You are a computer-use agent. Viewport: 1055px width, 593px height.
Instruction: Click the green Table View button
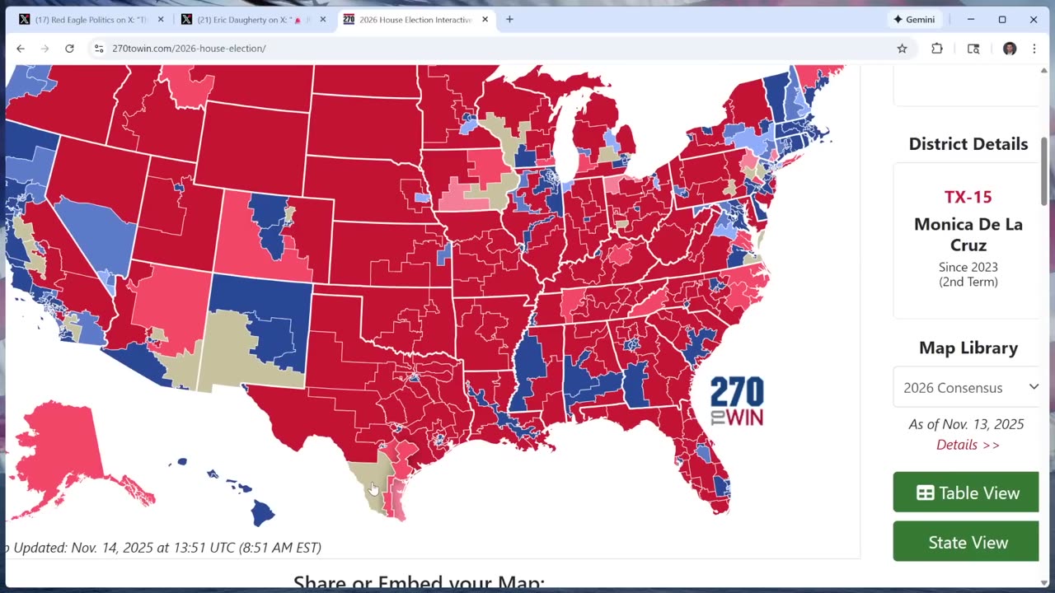click(x=966, y=493)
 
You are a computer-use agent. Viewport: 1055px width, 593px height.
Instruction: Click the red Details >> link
click(x=968, y=445)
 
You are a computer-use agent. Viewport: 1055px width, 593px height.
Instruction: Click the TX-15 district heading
click(x=968, y=197)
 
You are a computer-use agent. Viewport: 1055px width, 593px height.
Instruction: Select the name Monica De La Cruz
click(x=968, y=235)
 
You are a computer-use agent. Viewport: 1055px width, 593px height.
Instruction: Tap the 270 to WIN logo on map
click(x=737, y=401)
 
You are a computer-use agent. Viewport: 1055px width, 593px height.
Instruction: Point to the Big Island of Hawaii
click(x=262, y=513)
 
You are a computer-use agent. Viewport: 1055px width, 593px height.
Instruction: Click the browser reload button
click(x=69, y=49)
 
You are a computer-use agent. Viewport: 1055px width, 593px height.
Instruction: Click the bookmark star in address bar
click(x=902, y=49)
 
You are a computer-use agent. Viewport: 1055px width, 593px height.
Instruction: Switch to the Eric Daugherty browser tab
click(x=252, y=20)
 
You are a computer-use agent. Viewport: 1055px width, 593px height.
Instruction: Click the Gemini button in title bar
click(x=914, y=20)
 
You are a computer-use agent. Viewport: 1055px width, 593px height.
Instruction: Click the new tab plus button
click(x=509, y=20)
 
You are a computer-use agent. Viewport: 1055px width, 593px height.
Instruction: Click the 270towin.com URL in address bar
click(x=189, y=49)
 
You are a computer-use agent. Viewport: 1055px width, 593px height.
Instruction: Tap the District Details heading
click(x=968, y=144)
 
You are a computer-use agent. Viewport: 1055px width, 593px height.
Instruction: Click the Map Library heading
click(x=968, y=348)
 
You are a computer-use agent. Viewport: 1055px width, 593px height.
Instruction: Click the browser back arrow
click(x=21, y=49)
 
